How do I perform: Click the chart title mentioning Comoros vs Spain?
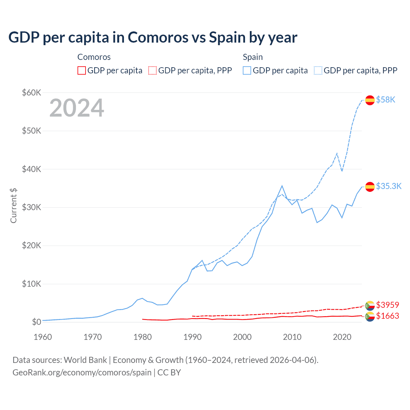[x=153, y=37]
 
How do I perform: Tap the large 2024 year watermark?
[x=77, y=108]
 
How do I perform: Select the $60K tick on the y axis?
[x=31, y=93]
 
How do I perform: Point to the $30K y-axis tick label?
[x=31, y=207]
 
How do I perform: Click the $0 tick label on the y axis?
[x=36, y=322]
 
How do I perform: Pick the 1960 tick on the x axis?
[x=43, y=337]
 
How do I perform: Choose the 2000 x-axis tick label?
[x=242, y=337]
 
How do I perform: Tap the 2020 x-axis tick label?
[x=342, y=337]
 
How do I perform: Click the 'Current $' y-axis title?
[x=13, y=206]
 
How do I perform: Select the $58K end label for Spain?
[x=386, y=100]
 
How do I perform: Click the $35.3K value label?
[x=389, y=186]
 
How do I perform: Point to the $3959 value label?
[x=388, y=305]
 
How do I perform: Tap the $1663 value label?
[x=388, y=316]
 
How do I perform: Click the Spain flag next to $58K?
[x=370, y=100]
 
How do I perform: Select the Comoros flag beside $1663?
[x=370, y=316]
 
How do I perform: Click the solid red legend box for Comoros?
[x=82, y=70]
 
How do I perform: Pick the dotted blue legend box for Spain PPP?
[x=318, y=70]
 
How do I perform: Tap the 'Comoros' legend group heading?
[x=94, y=57]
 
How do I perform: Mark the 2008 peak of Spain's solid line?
[x=282, y=186]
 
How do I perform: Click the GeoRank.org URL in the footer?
[x=82, y=373]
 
